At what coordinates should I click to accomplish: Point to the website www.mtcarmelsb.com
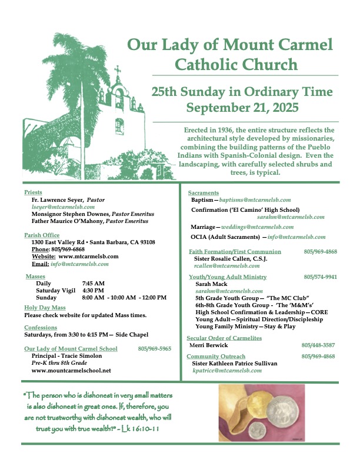pos(88,257)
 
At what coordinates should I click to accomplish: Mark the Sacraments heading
pos(204,193)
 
